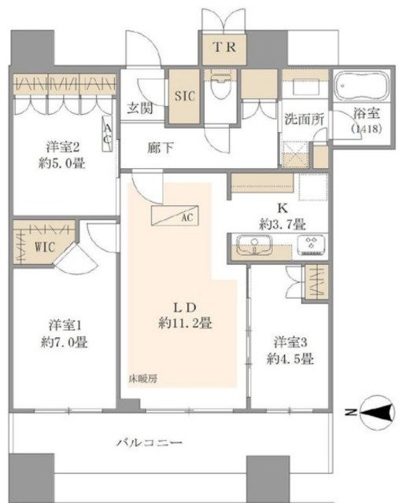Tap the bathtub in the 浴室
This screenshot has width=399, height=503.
[361, 86]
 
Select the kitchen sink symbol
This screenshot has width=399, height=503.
[254, 244]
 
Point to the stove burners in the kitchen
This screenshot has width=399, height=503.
[312, 244]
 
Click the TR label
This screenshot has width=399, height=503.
[224, 47]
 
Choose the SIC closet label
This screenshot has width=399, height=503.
[184, 96]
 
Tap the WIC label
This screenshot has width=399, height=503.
[45, 247]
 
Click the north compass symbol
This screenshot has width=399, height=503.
[377, 412]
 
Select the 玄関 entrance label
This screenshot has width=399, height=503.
[140, 108]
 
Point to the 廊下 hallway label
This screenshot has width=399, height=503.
[161, 148]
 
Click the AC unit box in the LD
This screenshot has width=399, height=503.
[175, 215]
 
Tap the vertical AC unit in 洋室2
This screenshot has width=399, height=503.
[108, 134]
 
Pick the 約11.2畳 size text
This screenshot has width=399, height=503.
[185, 323]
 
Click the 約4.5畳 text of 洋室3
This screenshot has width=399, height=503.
[290, 358]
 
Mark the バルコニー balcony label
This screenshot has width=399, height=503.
[149, 443]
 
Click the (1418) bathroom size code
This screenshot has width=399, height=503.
[366, 128]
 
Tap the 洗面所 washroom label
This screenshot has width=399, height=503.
[304, 119]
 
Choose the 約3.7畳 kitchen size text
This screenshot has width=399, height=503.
[283, 224]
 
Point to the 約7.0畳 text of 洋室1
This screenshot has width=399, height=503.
[65, 343]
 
